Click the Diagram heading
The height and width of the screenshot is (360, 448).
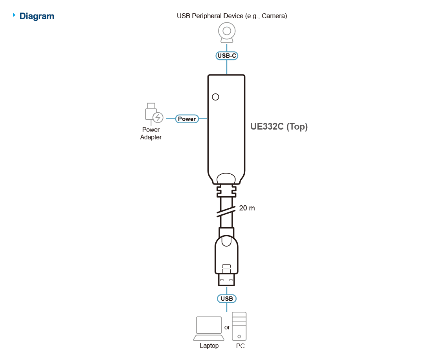37,16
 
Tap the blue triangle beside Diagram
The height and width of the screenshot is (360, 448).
14,15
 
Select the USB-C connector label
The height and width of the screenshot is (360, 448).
227,56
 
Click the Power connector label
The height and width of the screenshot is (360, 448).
187,119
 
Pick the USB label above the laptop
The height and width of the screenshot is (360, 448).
227,299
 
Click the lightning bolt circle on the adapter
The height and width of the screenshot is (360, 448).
158,117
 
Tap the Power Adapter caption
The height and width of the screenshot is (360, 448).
151,133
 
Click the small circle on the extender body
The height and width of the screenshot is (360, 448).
216,97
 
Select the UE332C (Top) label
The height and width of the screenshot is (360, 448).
279,126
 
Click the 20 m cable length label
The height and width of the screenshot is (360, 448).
247,208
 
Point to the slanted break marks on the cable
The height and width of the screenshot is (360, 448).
226,211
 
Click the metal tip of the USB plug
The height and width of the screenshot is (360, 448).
227,280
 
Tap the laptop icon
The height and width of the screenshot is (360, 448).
209,329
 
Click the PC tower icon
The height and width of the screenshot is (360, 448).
239,326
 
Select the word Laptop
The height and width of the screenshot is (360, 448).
209,346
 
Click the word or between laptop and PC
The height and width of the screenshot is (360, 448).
227,327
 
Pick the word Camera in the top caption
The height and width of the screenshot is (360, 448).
274,16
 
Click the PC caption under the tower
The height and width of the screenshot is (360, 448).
240,346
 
